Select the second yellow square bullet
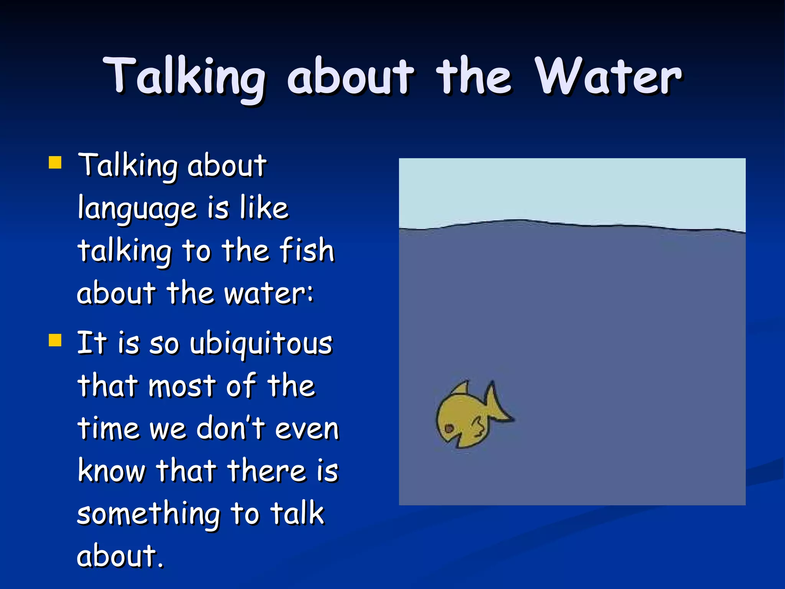point(55,340)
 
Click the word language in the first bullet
point(137,209)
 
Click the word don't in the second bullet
point(230,428)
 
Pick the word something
point(148,514)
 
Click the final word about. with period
point(120,556)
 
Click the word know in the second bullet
point(112,471)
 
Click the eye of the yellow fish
point(449,428)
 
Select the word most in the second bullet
point(182,386)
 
